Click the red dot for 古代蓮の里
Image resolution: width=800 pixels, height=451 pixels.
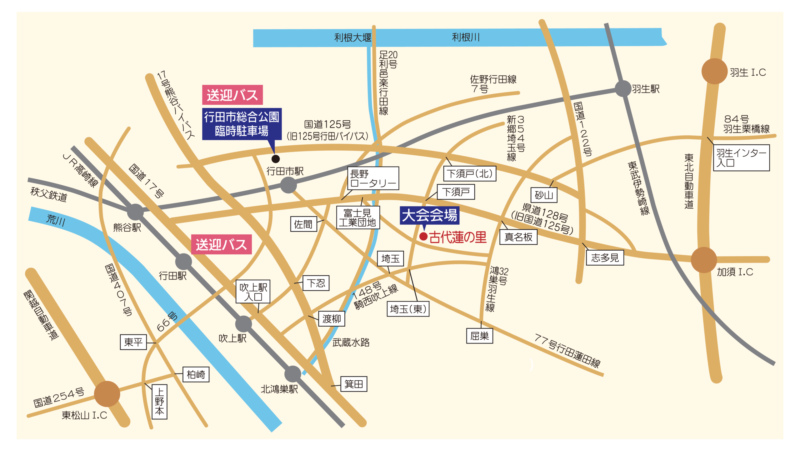click(423, 236)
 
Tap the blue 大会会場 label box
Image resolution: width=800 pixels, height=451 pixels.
click(429, 215)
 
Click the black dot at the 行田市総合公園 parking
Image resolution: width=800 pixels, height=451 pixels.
click(275, 159)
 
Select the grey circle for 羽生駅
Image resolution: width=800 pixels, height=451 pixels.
click(623, 88)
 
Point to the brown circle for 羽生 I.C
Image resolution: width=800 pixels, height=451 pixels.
click(714, 71)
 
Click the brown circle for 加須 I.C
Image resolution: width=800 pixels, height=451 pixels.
click(703, 260)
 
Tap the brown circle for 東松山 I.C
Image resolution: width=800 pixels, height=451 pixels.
click(107, 394)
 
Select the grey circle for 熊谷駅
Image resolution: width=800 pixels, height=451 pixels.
click(135, 212)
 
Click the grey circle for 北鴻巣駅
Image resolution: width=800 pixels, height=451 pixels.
click(292, 374)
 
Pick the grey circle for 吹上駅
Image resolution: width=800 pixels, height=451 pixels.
click(243, 323)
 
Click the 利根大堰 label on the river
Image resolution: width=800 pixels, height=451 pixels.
click(352, 38)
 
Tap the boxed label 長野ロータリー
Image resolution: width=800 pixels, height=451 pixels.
click(373, 178)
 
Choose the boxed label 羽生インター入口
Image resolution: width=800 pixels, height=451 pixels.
click(741, 158)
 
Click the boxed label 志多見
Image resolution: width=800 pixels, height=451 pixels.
click(605, 258)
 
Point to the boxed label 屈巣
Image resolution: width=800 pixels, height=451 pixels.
click(479, 336)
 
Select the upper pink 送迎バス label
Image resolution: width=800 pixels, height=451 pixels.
click(232, 95)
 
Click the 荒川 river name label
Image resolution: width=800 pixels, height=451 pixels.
click(56, 220)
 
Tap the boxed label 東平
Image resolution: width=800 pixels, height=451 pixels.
click(133, 342)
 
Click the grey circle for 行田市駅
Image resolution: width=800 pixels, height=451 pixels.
click(288, 185)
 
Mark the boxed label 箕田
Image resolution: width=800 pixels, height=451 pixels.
click(353, 384)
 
